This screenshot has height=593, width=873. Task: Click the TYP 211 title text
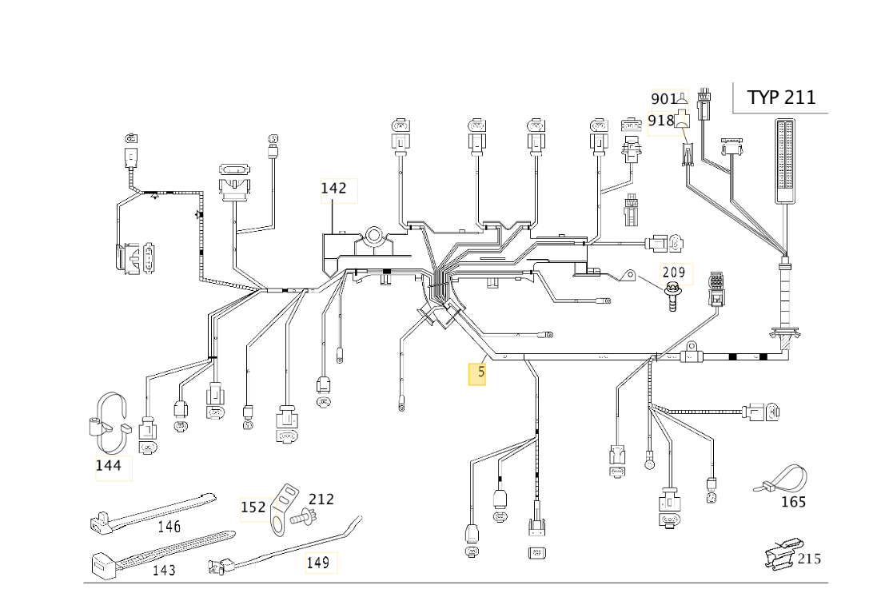point(780,98)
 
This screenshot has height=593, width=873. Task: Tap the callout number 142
point(333,188)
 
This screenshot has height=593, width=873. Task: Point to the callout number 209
point(674,273)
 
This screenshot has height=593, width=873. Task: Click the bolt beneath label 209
point(673,296)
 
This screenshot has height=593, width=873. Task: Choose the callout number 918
point(661,120)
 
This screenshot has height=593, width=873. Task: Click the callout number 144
point(109,465)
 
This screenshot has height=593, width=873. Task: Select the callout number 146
point(169,526)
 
